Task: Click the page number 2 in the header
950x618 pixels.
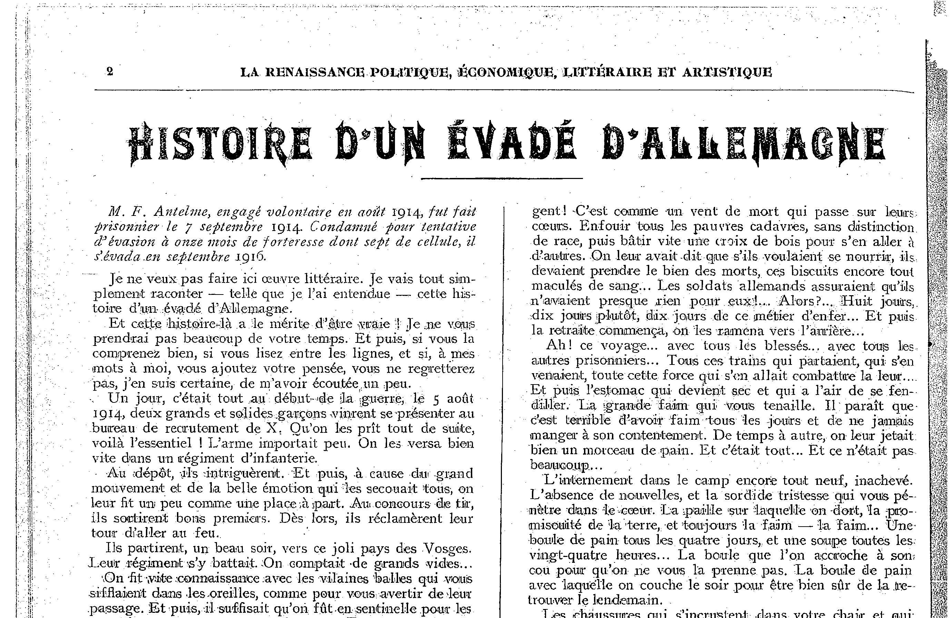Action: [110, 72]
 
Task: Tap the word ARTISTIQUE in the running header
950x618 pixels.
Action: [727, 72]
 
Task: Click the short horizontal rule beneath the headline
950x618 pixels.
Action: [502, 178]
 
